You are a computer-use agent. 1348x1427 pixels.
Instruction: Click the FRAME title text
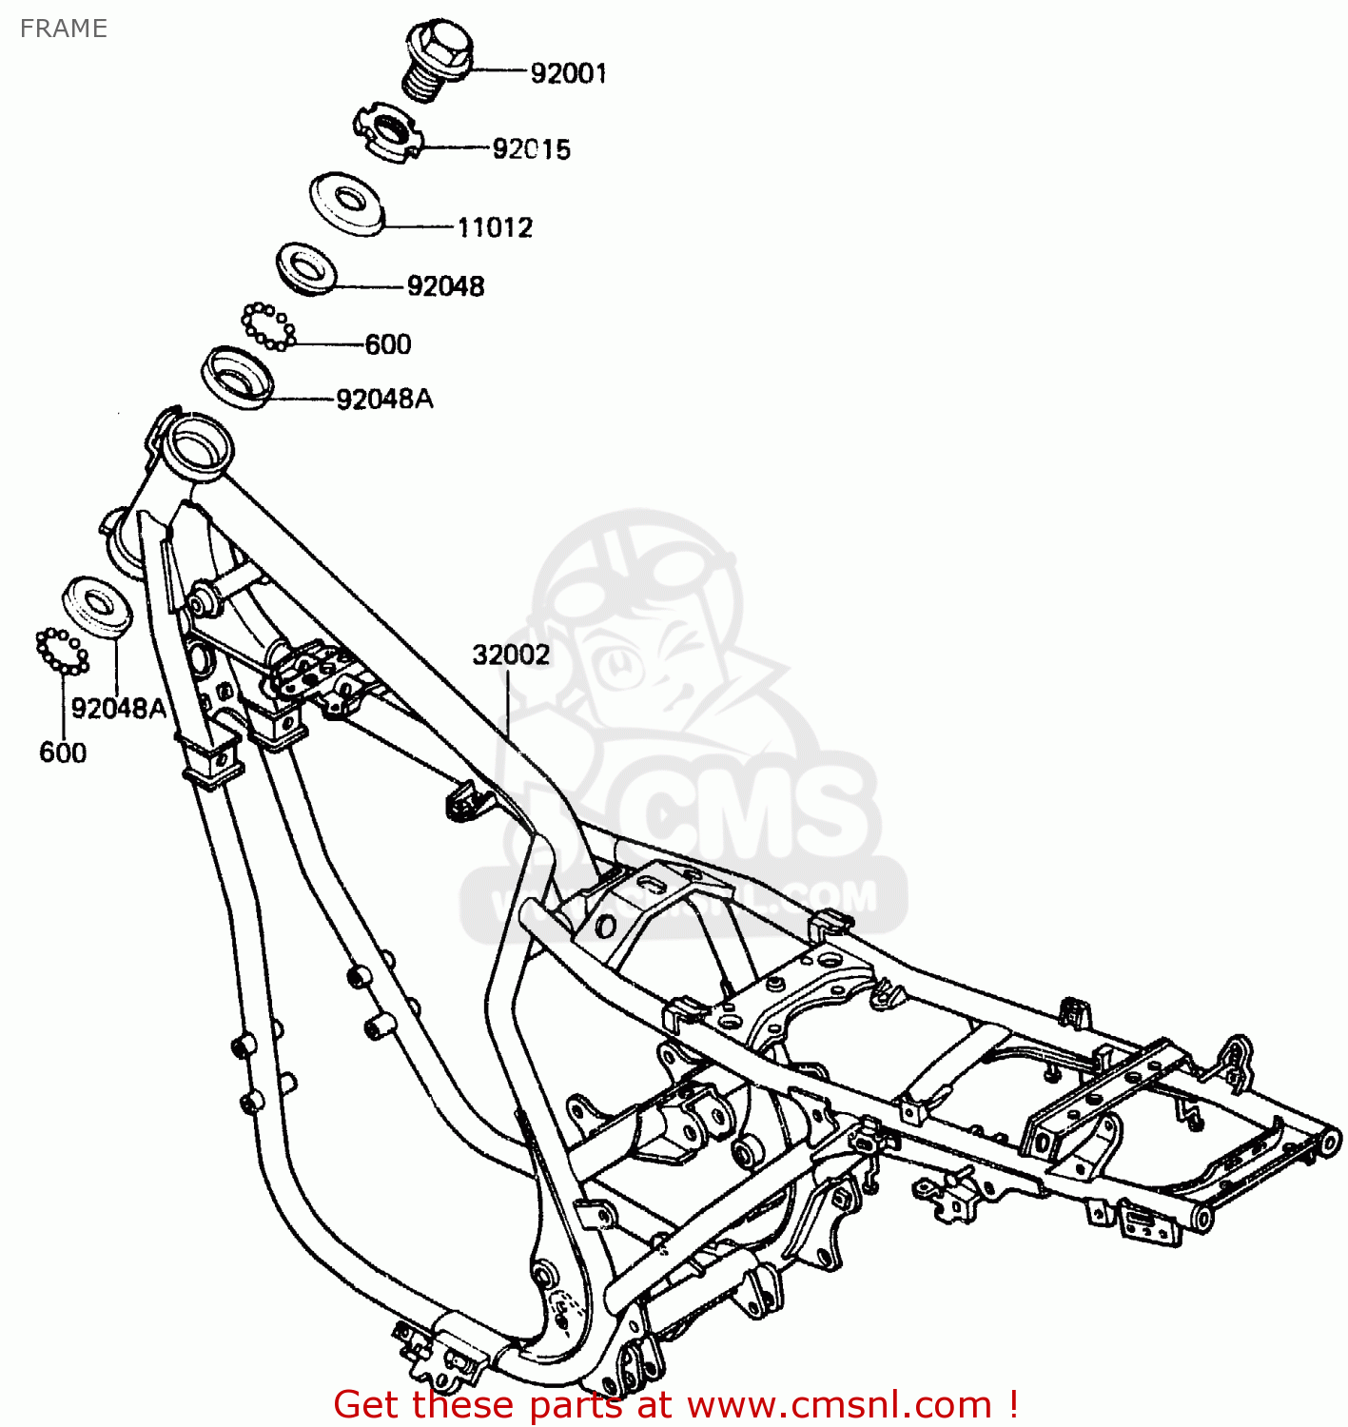[x=63, y=29]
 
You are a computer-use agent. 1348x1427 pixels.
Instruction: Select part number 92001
[x=568, y=73]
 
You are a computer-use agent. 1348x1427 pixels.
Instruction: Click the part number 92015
[x=531, y=149]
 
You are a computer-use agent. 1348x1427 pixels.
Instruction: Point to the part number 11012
[x=495, y=227]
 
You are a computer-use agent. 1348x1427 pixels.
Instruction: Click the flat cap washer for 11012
[x=345, y=202]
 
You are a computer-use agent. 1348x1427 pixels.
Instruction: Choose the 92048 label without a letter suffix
[x=445, y=286]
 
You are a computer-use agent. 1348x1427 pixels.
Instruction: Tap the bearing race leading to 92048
[x=305, y=267]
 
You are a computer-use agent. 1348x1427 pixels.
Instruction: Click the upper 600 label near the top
[x=388, y=344]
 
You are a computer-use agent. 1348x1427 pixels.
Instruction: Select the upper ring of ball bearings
[x=268, y=326]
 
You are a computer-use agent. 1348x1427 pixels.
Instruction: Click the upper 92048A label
[x=384, y=400]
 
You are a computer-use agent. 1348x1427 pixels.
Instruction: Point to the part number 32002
[x=511, y=655]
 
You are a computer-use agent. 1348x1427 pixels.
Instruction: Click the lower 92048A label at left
[x=118, y=709]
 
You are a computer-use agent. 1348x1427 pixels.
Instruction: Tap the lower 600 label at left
[x=63, y=753]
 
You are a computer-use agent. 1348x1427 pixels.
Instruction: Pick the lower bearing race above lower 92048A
[x=96, y=605]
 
